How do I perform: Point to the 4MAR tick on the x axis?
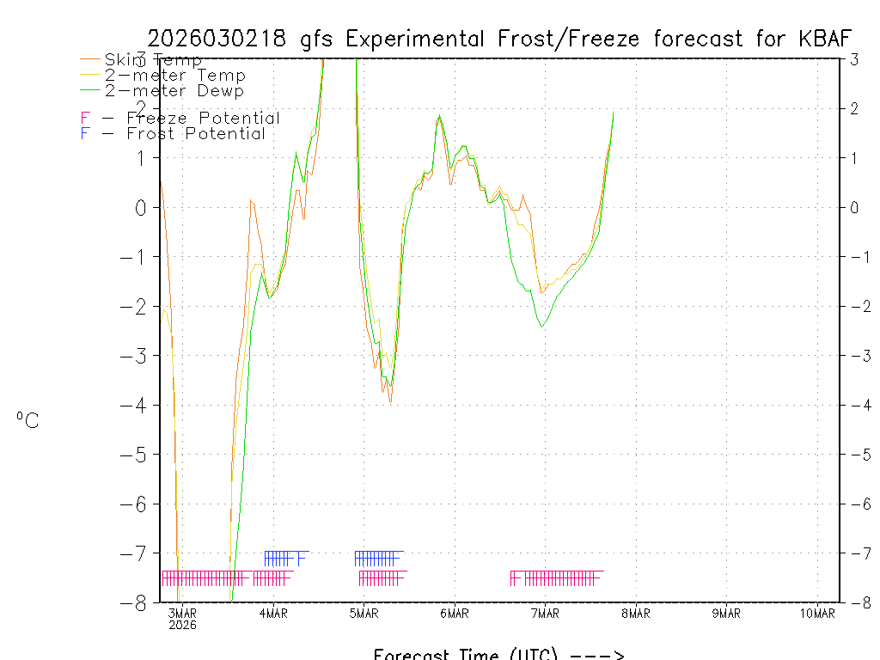[x=273, y=613]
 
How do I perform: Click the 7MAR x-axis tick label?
[x=545, y=613]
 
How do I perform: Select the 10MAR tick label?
[x=817, y=613]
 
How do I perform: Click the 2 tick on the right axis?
[x=855, y=108]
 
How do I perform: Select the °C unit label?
[x=27, y=420]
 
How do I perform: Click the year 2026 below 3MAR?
[x=182, y=625]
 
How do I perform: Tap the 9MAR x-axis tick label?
[x=726, y=613]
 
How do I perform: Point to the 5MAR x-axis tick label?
[x=364, y=613]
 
